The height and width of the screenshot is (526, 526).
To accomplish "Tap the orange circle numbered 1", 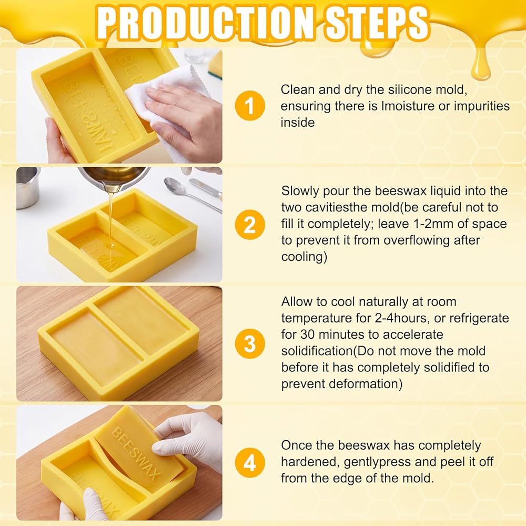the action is coord(250,106).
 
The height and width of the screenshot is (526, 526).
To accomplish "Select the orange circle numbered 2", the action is coord(250,225).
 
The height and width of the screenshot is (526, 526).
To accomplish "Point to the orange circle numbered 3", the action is coord(250,343).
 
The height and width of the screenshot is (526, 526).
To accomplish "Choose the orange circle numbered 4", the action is coord(250,462).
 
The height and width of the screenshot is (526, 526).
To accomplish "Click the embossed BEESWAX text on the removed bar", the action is coord(135,453).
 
